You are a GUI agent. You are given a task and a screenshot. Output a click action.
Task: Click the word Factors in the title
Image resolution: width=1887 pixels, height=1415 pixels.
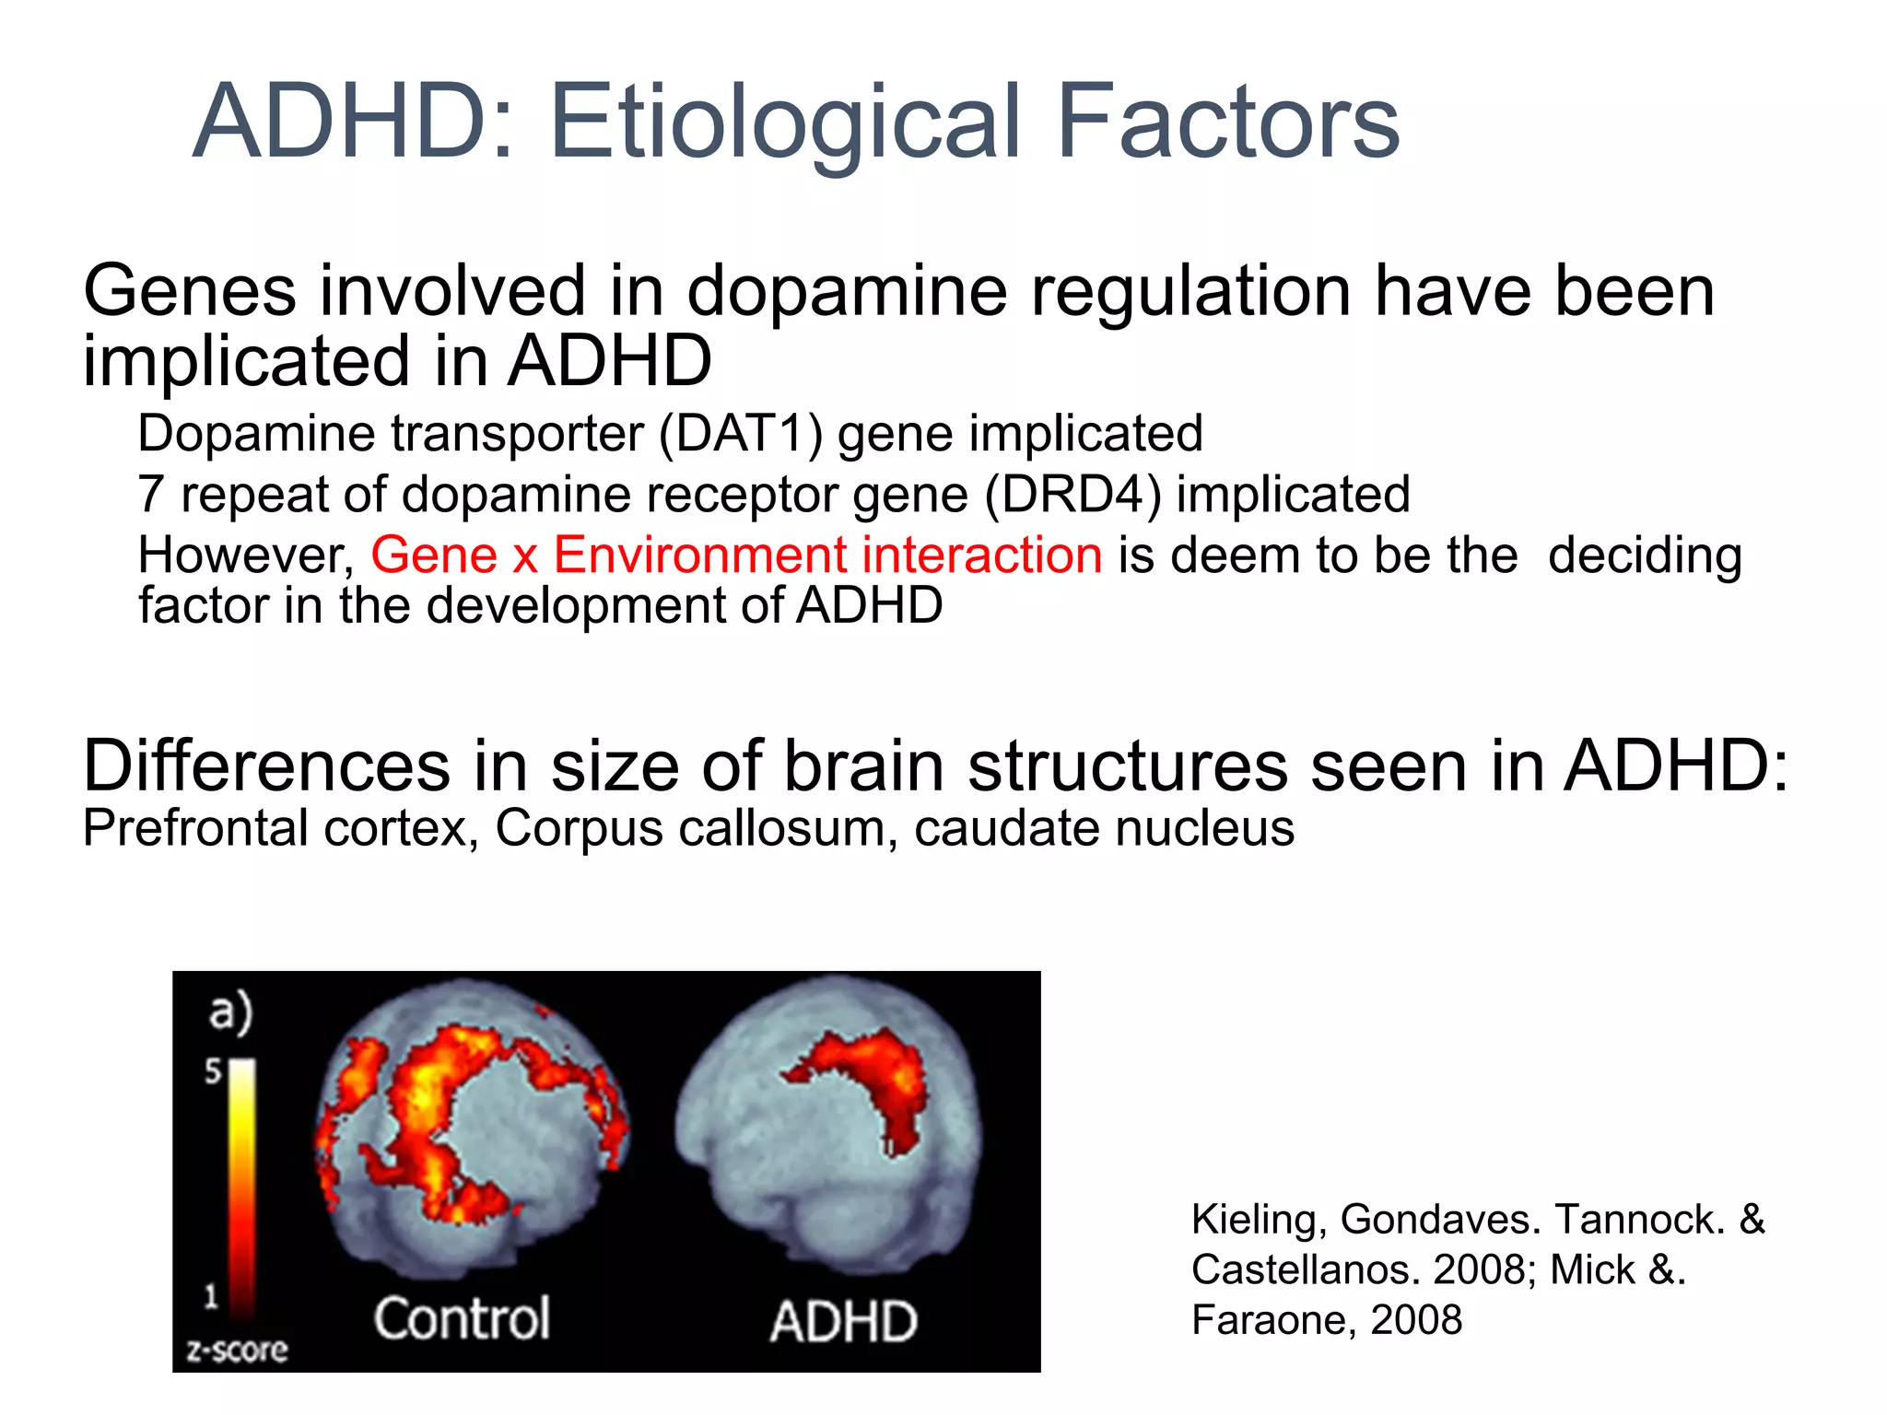click(1226, 123)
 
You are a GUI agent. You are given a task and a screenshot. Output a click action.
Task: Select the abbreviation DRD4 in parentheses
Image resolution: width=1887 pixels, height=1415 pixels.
click(1072, 494)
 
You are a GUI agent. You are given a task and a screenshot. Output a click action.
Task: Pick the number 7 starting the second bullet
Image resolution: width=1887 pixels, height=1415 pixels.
click(151, 495)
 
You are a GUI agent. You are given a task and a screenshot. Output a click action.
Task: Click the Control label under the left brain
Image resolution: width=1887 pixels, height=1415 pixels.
click(462, 1318)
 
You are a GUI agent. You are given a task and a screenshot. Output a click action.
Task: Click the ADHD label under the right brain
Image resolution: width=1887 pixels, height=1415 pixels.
click(843, 1321)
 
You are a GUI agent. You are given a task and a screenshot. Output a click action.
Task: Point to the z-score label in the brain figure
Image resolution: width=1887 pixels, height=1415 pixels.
click(237, 1351)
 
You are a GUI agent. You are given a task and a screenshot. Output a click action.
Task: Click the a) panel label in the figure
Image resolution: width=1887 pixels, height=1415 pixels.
click(229, 1012)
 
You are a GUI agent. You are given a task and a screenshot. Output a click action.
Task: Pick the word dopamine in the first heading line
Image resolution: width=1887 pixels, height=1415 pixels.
click(847, 292)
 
